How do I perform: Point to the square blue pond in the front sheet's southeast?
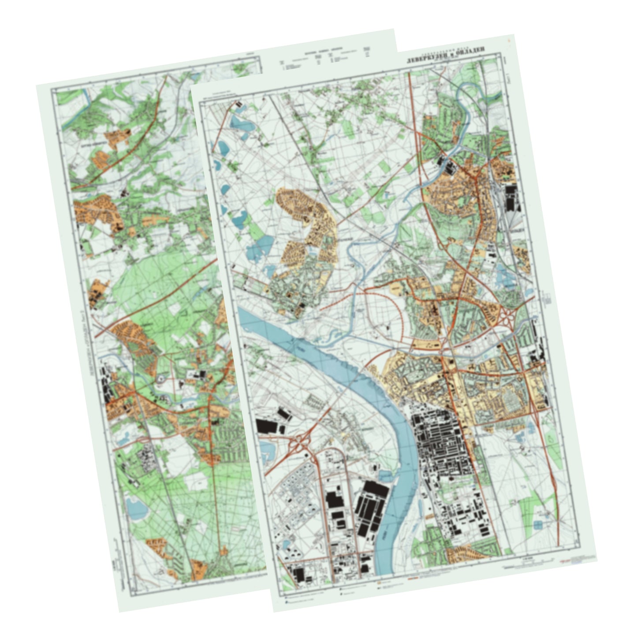tap(538, 525)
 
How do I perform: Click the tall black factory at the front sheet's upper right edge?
tap(512, 198)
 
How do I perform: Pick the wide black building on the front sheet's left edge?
tap(268, 425)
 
